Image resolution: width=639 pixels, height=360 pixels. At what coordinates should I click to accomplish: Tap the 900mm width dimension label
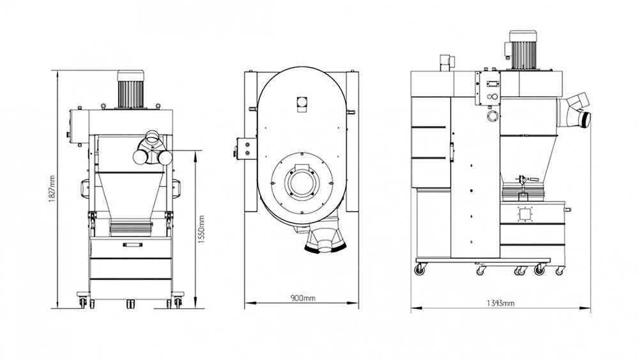(302, 298)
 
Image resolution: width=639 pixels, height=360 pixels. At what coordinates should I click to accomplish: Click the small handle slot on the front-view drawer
(131, 244)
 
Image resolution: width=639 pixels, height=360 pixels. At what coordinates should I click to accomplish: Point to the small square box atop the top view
(302, 102)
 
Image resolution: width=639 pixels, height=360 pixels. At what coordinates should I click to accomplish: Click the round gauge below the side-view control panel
(492, 116)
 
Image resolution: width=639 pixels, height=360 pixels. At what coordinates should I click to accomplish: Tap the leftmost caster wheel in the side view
(420, 270)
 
